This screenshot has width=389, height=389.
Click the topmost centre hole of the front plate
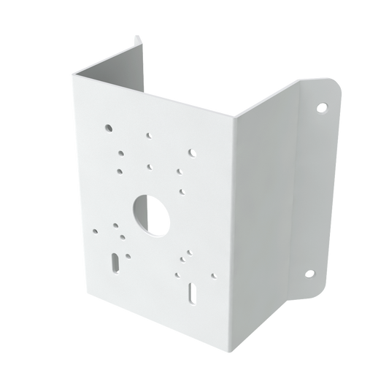(x=148, y=135)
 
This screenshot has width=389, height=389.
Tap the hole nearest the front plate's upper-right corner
(x=192, y=153)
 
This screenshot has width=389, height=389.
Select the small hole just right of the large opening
(x=181, y=193)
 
